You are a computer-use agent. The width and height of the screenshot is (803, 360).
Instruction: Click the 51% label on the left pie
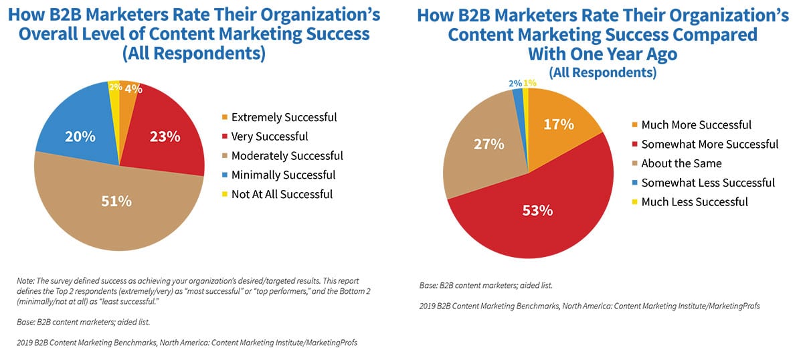pos(116,201)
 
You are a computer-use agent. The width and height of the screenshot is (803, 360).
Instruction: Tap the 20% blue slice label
pos(80,137)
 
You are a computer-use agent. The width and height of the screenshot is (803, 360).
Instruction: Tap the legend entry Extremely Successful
pos(284,117)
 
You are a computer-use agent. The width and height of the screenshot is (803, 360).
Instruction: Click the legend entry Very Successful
pos(270,137)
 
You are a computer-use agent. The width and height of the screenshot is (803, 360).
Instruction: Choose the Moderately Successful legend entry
pos(287,156)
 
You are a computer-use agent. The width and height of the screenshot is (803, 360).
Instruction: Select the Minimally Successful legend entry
pos(284,175)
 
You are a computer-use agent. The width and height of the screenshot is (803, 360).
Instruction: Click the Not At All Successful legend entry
pos(282,195)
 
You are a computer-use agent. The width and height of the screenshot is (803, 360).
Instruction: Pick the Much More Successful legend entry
pos(696,124)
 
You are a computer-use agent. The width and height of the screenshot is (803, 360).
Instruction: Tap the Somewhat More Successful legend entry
pos(709,144)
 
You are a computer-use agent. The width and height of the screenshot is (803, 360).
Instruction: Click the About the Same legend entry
pos(681,163)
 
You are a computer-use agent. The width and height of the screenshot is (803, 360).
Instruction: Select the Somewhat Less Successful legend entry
pos(708,183)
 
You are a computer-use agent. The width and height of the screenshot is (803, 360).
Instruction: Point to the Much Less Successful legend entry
pos(695,202)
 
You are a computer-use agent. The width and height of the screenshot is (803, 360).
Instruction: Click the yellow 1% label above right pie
pos(530,83)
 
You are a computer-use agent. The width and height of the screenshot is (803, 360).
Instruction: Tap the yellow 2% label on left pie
pos(114,87)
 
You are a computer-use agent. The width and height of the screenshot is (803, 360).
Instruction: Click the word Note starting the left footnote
pos(25,281)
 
